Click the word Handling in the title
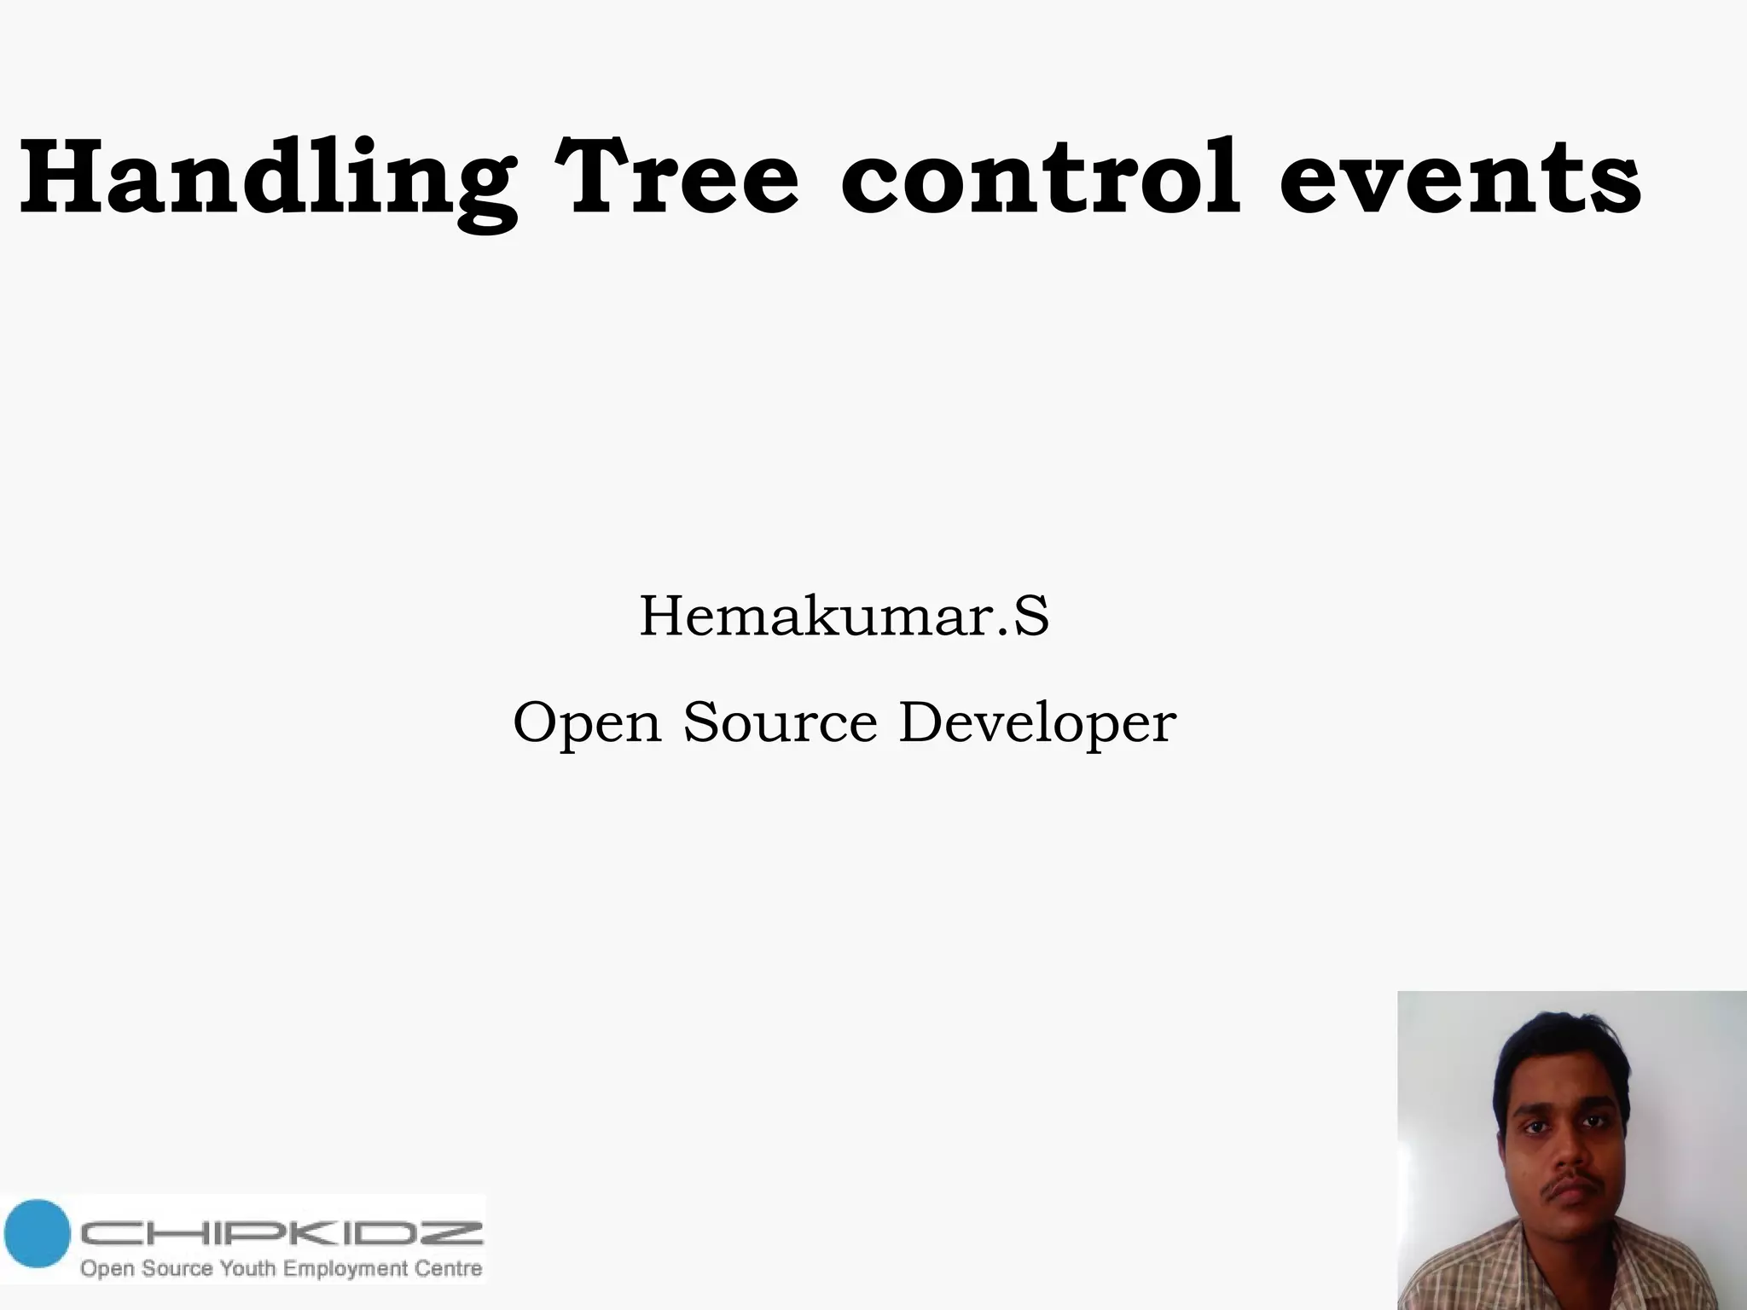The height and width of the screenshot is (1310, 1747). click(x=267, y=179)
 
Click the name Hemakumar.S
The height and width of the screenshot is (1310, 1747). click(x=844, y=617)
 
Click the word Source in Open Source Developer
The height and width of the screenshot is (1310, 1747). click(x=781, y=722)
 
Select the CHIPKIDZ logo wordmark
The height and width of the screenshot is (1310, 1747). click(x=281, y=1233)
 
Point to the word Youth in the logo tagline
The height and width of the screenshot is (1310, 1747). click(x=248, y=1268)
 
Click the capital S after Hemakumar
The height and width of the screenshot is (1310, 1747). click(x=1030, y=616)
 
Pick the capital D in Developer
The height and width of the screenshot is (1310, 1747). click(x=925, y=722)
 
